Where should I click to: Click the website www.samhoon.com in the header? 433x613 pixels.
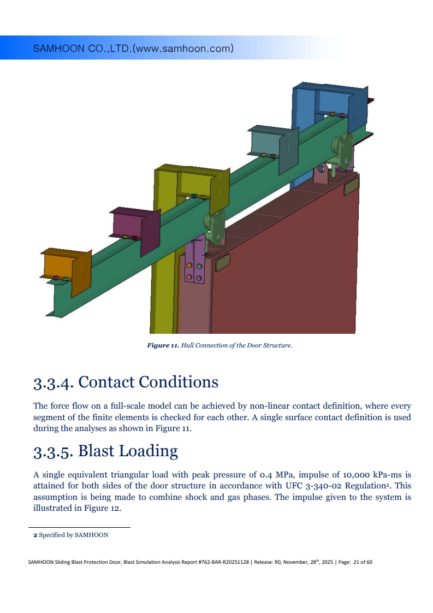[183, 49]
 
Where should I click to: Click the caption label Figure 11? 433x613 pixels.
[163, 345]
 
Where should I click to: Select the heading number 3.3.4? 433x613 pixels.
[53, 382]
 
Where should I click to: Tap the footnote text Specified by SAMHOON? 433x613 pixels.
[74, 535]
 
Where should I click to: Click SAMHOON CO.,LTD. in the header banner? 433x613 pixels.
[82, 49]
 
